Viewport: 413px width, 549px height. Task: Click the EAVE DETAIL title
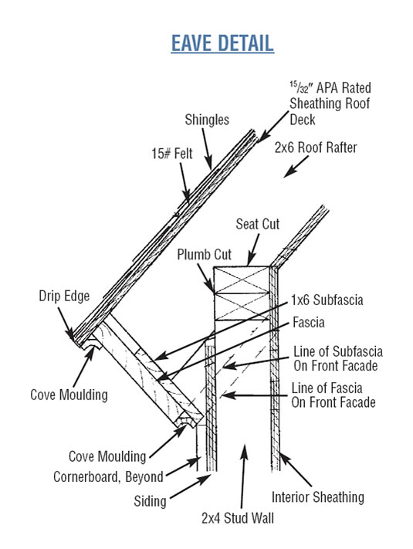click(x=222, y=43)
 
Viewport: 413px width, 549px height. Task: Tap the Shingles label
click(x=207, y=120)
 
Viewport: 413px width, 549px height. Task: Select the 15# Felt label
click(x=172, y=154)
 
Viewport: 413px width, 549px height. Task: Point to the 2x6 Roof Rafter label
click(x=316, y=147)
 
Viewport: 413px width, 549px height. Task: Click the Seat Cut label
click(x=258, y=224)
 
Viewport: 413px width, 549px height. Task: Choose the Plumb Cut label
click(x=204, y=254)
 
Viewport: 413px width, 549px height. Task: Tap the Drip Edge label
click(x=64, y=297)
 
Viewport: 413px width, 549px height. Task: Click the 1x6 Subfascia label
click(x=327, y=300)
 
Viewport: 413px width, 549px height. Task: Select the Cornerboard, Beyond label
click(x=108, y=477)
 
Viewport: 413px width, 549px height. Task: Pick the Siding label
click(x=150, y=501)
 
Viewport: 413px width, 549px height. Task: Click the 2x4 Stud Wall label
click(x=238, y=518)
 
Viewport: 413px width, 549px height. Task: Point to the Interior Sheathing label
click(x=318, y=497)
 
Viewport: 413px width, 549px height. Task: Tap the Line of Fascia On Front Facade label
click(x=333, y=395)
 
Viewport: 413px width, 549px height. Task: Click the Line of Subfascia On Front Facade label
click(x=338, y=358)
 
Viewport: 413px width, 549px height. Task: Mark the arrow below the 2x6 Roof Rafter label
click(x=296, y=167)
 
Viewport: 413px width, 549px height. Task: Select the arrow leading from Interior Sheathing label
click(x=295, y=469)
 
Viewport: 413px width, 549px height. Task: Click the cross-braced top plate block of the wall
click(x=242, y=293)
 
